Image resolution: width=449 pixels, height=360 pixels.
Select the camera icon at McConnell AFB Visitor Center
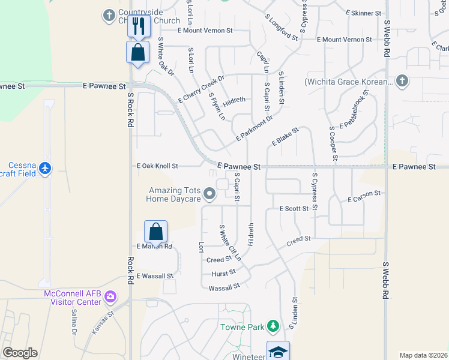pyautogui.click(x=110, y=296)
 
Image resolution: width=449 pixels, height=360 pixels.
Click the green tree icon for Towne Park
pyautogui.click(x=274, y=326)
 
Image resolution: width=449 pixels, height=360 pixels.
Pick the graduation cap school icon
pyautogui.click(x=279, y=352)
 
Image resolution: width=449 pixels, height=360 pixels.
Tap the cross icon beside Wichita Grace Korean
pyautogui.click(x=402, y=80)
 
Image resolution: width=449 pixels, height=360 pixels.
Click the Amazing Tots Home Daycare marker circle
pyautogui.click(x=209, y=193)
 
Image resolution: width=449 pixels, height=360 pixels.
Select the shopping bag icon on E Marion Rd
pyautogui.click(x=155, y=232)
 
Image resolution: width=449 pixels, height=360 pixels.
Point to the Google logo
pyautogui.click(x=20, y=352)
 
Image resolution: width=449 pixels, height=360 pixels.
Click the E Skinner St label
pyautogui.click(x=364, y=13)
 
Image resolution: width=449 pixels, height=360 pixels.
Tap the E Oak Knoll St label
pyautogui.click(x=157, y=166)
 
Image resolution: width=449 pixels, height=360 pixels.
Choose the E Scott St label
pyautogui.click(x=294, y=208)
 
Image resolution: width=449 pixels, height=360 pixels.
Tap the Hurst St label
pyautogui.click(x=224, y=273)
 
